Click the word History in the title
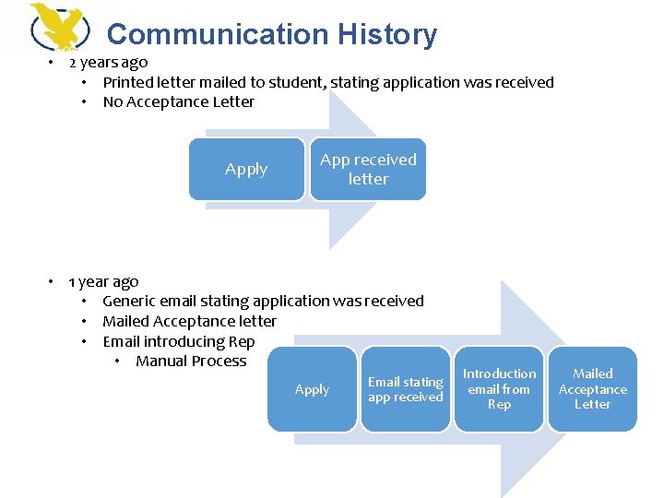tap(386, 35)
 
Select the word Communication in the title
tap(218, 35)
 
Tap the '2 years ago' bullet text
tap(108, 63)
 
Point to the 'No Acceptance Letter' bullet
tap(178, 102)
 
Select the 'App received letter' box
tap(368, 169)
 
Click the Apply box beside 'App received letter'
tap(246, 169)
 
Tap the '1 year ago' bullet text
tap(103, 281)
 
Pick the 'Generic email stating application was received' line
tap(263, 302)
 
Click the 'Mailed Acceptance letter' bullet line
tap(189, 322)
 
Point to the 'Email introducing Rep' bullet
tap(178, 341)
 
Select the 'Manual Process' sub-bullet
tap(191, 362)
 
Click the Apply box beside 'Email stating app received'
tap(312, 389)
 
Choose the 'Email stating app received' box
tap(406, 389)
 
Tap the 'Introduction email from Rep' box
tap(499, 389)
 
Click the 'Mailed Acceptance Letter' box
tap(592, 389)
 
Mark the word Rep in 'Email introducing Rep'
tap(242, 341)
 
